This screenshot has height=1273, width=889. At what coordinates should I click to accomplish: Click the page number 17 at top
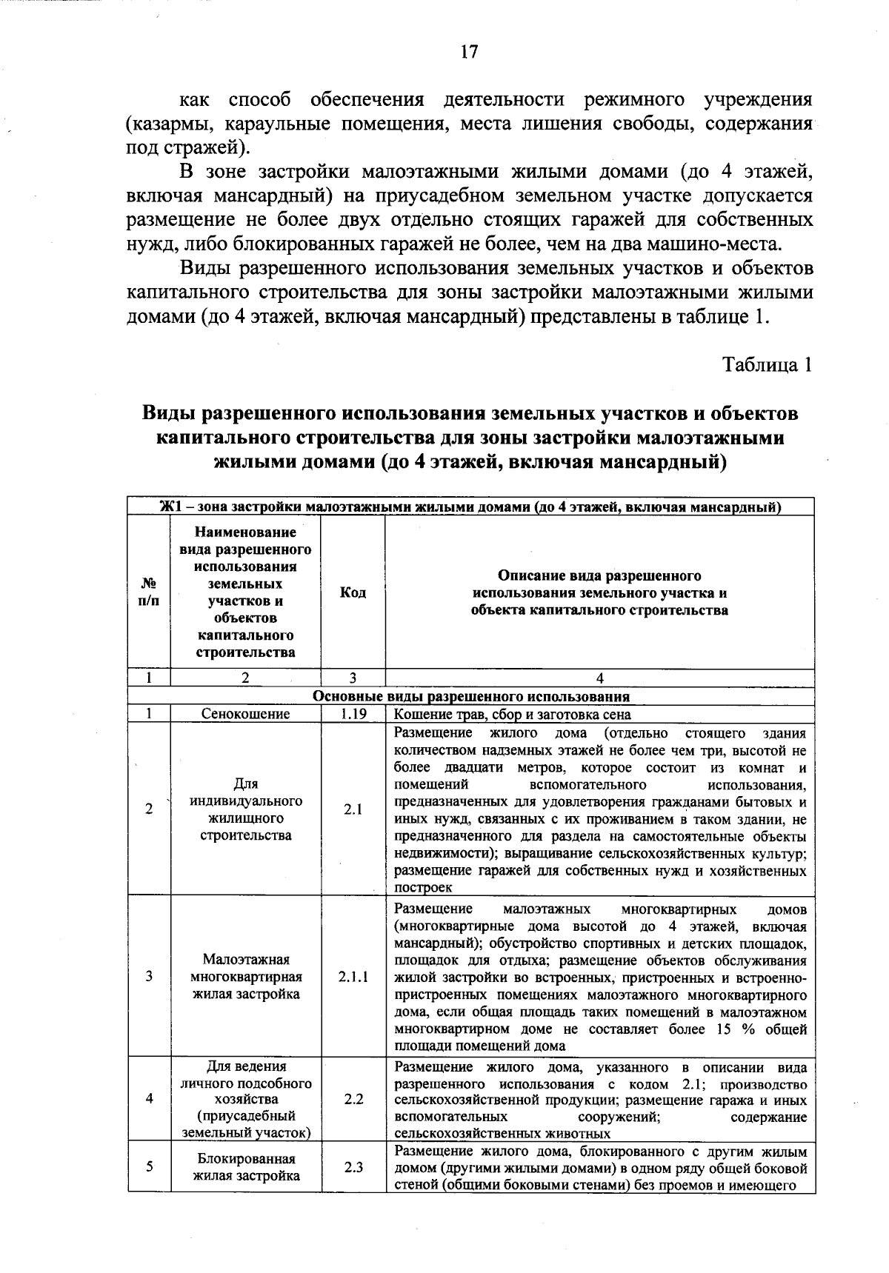click(x=469, y=52)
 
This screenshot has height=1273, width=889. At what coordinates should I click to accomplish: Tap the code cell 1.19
click(x=353, y=715)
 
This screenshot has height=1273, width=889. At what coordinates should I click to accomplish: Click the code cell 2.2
click(x=353, y=1099)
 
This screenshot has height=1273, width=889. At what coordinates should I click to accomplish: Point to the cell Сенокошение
click(x=246, y=715)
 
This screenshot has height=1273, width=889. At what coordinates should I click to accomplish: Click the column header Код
click(x=353, y=593)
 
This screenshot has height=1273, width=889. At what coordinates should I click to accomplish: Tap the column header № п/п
click(x=149, y=593)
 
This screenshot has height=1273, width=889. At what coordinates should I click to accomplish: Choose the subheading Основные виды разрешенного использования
click(x=471, y=697)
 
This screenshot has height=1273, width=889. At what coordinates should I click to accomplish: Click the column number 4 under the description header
click(x=600, y=678)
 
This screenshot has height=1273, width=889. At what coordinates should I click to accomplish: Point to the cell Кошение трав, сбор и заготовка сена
click(x=513, y=715)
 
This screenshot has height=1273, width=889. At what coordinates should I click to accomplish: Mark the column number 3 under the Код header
click(x=353, y=678)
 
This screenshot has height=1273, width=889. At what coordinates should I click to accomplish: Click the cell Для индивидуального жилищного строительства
click(x=246, y=810)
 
